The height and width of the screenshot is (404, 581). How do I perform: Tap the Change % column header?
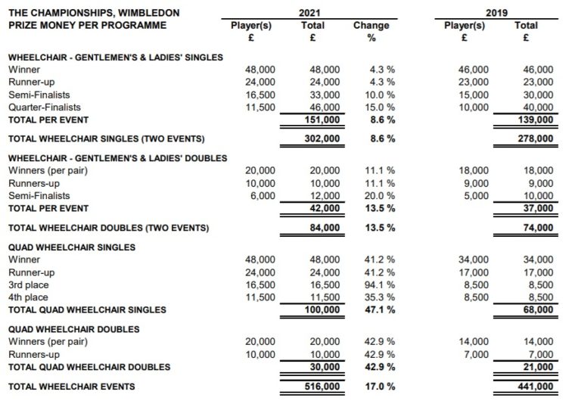(371, 31)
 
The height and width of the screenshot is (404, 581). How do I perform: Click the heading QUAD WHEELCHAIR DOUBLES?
(72, 329)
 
